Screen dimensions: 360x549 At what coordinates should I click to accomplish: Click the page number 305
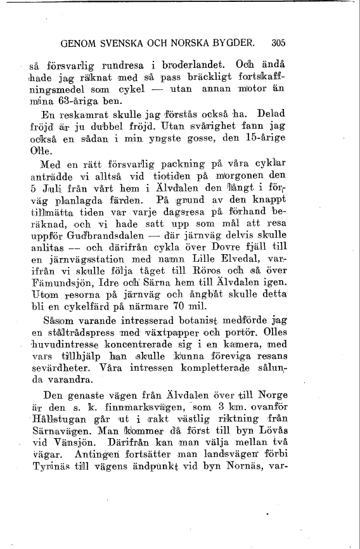click(278, 44)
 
